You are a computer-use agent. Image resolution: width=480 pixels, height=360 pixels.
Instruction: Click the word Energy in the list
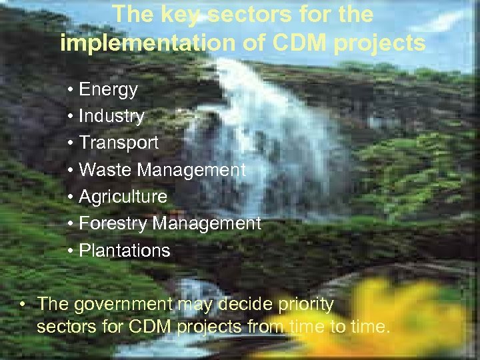point(108,89)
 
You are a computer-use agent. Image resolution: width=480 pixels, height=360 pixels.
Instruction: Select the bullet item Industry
point(111,116)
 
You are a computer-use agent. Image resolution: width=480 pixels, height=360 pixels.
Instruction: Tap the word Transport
point(119,143)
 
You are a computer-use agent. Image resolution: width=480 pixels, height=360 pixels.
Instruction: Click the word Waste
point(105,170)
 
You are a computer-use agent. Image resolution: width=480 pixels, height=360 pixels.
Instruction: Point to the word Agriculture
point(123,197)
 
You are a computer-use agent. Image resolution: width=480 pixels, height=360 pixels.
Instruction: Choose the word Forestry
point(113,223)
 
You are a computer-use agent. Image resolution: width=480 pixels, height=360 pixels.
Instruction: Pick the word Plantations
point(125,251)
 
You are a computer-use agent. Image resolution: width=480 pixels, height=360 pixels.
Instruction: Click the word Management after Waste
point(191,170)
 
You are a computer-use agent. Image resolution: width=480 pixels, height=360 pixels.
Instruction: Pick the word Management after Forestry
point(207,223)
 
